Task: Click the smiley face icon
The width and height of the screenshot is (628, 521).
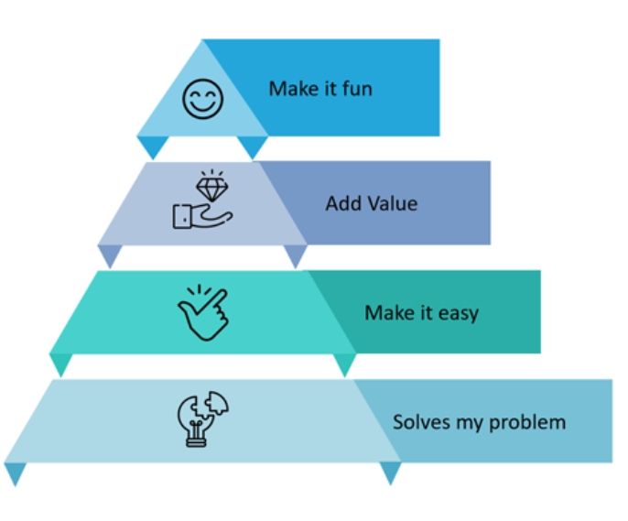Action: point(202,98)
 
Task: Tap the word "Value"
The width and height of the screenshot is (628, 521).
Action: point(391,203)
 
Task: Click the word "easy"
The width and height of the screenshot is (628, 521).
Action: point(458,313)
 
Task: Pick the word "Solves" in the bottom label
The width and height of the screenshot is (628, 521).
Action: point(421,422)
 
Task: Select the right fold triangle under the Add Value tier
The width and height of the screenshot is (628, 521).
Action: point(295,255)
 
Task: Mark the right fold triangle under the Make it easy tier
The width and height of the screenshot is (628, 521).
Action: point(344,364)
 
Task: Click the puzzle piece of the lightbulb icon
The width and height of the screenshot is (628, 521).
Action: point(217,405)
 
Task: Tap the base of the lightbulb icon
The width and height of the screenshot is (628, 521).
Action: point(194,440)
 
